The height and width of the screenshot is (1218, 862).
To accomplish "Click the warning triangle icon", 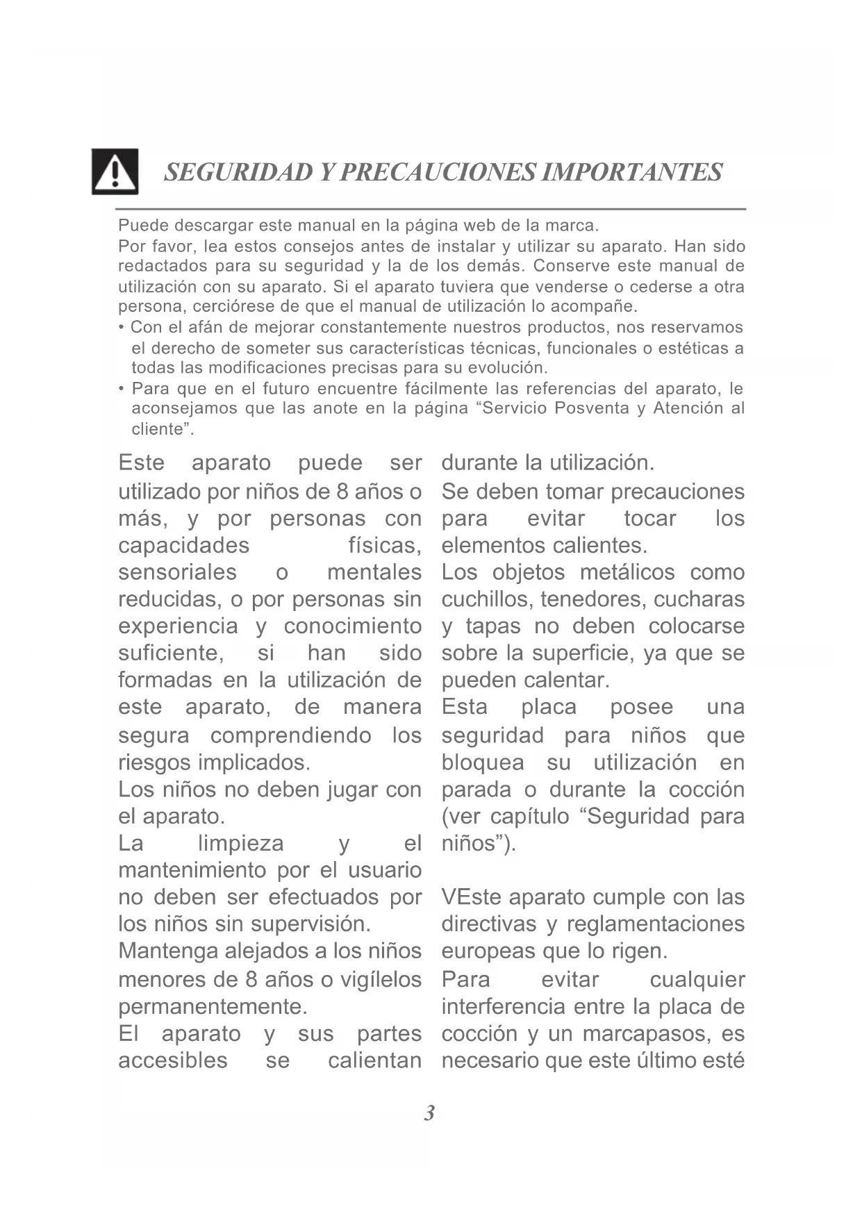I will [115, 172].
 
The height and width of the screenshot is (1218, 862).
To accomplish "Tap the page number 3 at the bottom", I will [429, 1113].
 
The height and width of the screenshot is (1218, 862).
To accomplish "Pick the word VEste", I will [472, 897].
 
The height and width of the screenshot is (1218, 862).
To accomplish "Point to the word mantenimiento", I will [193, 870].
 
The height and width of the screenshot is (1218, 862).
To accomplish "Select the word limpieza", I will [241, 844].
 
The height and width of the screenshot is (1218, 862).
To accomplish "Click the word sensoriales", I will [177, 573].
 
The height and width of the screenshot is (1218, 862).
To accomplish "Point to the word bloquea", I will [483, 763].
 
